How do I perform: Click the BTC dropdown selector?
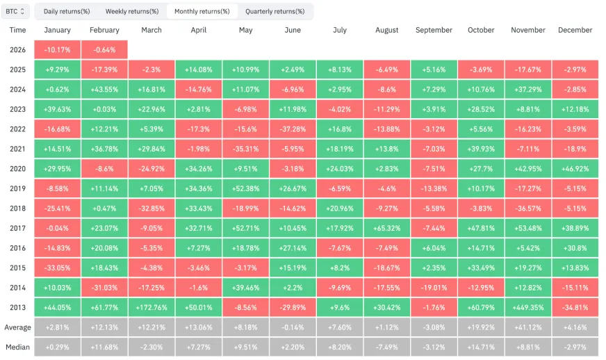click(15, 11)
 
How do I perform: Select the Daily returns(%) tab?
click(67, 11)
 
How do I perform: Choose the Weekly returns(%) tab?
click(132, 11)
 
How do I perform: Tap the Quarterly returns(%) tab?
click(275, 11)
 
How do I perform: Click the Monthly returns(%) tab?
click(202, 11)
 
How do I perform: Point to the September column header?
click(434, 30)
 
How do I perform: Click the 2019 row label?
click(18, 188)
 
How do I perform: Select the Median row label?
click(18, 347)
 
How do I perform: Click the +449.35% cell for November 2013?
click(528, 307)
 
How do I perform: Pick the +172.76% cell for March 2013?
click(151, 307)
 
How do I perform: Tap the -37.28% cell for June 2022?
click(293, 129)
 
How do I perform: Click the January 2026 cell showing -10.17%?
click(57, 50)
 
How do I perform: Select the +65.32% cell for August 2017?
click(387, 228)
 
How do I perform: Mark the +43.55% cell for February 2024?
click(104, 90)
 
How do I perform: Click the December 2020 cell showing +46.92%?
click(575, 169)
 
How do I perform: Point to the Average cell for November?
click(528, 327)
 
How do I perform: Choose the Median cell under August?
click(387, 347)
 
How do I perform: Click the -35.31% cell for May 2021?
click(245, 149)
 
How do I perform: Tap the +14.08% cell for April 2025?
click(198, 69)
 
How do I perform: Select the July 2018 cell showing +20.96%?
click(340, 208)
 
